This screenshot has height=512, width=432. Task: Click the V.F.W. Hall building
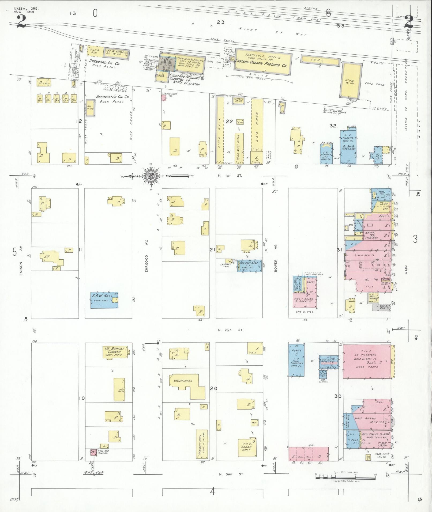[104, 300]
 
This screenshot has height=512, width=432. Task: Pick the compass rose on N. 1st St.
[151, 176]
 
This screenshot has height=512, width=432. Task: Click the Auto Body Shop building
[249, 266]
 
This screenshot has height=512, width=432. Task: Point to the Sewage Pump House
[164, 97]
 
